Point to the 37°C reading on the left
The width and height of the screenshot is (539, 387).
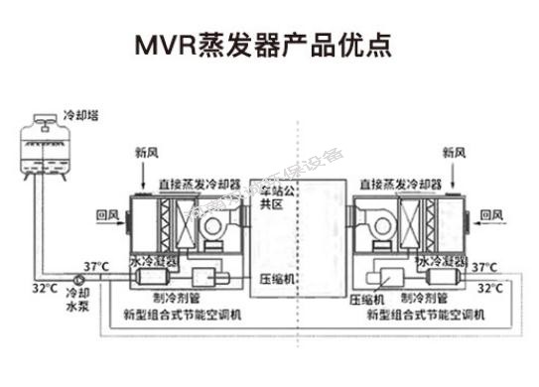(95, 266)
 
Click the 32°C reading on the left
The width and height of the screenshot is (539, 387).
(43, 289)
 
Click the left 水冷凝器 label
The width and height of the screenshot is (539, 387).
(153, 261)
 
